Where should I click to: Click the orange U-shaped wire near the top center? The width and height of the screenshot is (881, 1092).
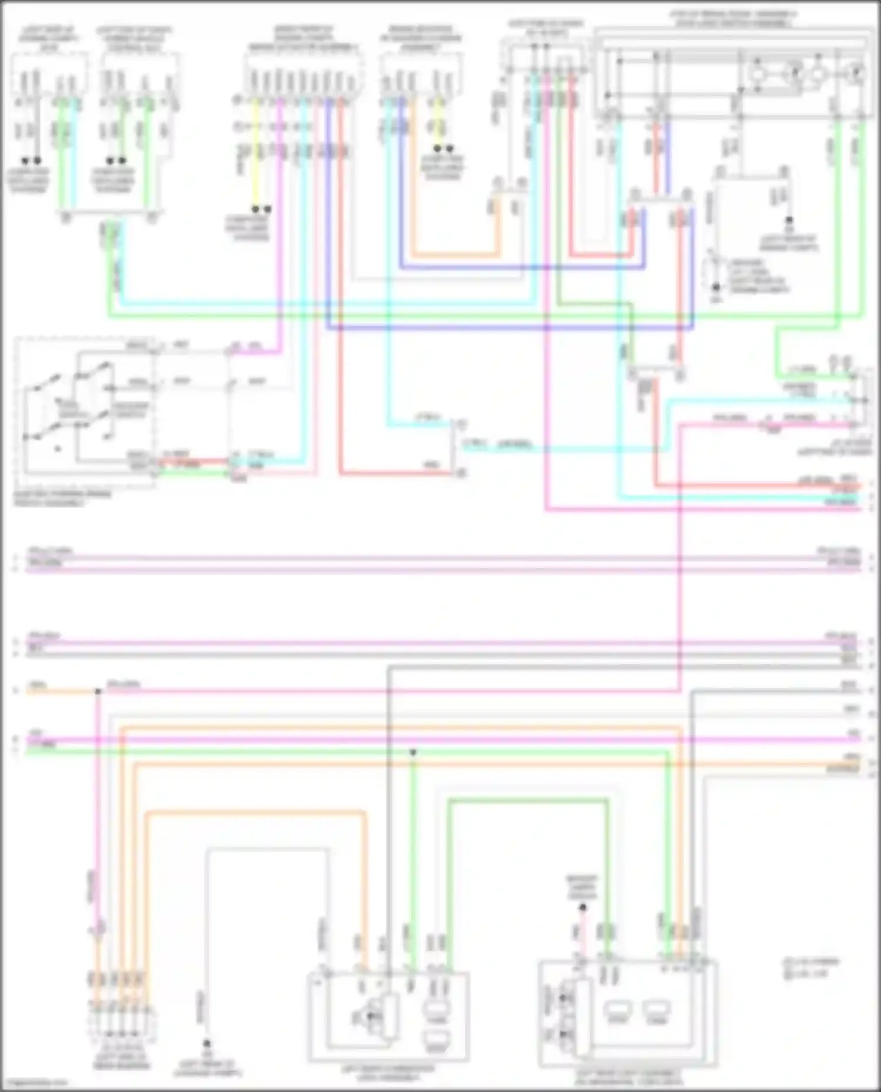tap(455, 256)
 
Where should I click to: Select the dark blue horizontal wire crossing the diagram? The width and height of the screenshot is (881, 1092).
tap(505, 327)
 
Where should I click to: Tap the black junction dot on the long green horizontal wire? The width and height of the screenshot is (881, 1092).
tap(413, 752)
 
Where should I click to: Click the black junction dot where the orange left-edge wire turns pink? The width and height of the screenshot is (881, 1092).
tap(98, 692)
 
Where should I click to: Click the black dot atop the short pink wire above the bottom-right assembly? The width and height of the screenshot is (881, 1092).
tap(582, 908)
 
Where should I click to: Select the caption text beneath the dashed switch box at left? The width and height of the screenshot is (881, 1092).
tap(62, 499)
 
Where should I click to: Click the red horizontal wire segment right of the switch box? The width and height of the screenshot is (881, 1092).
tap(194, 461)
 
